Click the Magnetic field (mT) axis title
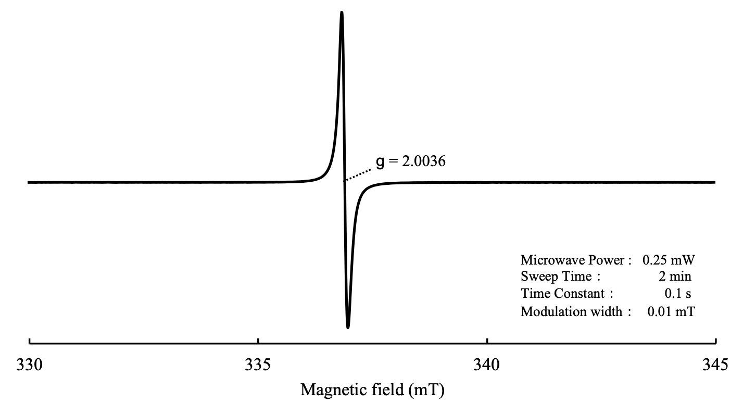[x=373, y=390]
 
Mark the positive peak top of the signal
[x=342, y=12]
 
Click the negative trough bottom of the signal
[x=348, y=327]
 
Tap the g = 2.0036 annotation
[x=410, y=162]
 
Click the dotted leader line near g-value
[x=358, y=174]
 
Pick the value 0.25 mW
[x=669, y=260]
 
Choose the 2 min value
[x=675, y=277]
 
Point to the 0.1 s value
[x=678, y=294]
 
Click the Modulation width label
[x=571, y=312]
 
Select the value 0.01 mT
[x=671, y=312]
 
